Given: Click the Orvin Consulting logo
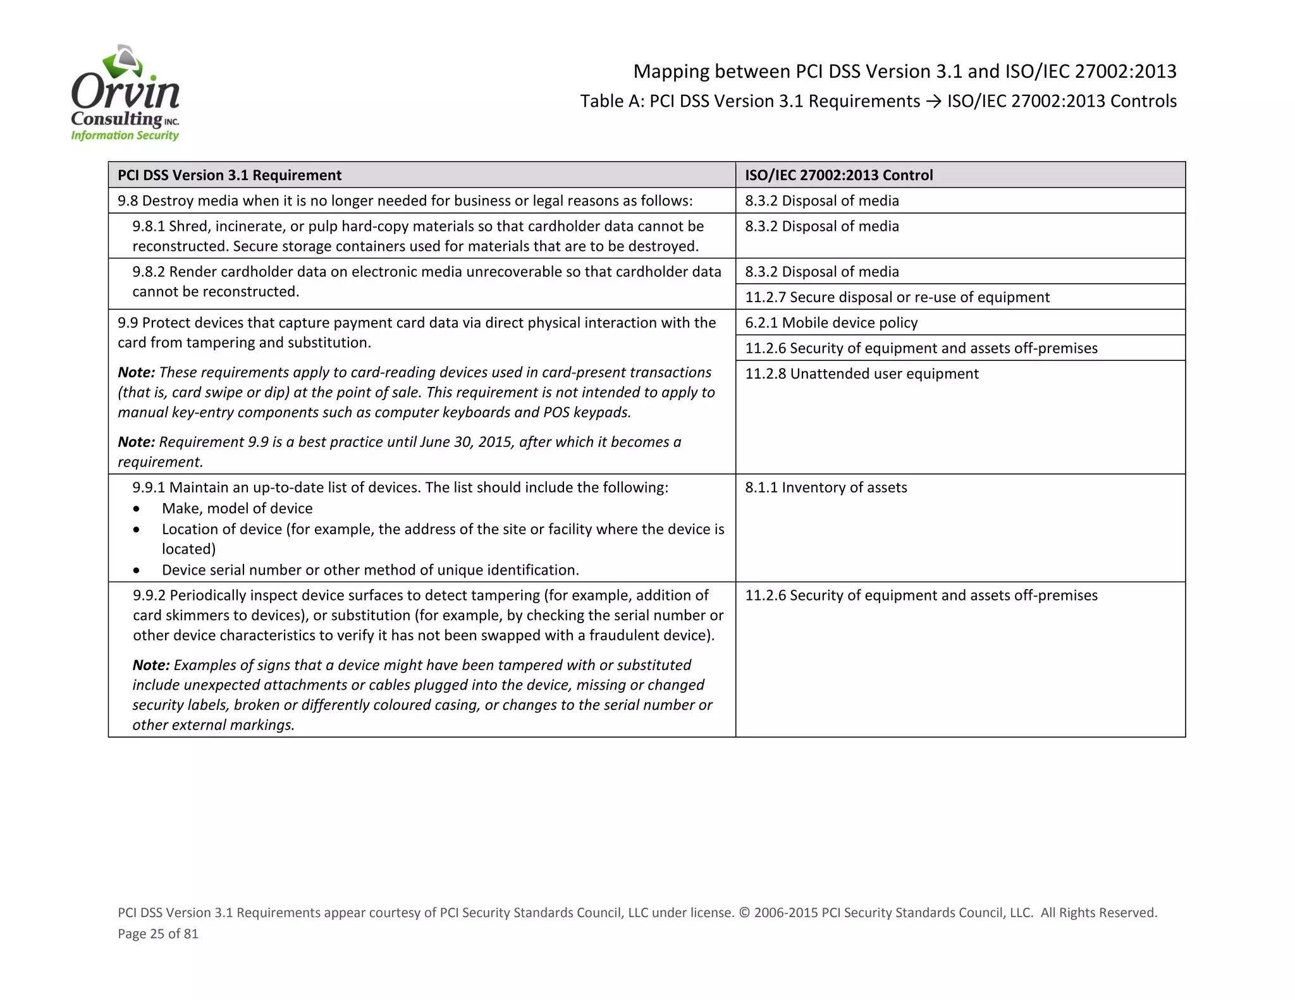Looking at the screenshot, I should (125, 93).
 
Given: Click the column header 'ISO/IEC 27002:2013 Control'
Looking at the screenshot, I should (838, 175).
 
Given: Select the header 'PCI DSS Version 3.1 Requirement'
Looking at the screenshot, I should (230, 175).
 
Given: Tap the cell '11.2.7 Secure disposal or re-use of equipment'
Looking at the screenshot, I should (897, 297).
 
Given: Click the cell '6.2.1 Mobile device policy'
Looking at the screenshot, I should (831, 323).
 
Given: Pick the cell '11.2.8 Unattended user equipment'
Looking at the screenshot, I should (861, 374).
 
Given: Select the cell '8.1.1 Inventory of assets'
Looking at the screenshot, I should (826, 487).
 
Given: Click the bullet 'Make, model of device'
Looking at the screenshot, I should (237, 508).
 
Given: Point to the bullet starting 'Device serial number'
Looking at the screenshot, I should (370, 570).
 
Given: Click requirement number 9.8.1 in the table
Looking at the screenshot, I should (149, 226).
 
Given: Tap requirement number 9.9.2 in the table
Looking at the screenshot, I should (149, 595).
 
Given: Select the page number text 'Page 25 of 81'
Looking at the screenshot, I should (158, 934).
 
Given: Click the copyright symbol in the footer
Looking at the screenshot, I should (744, 913).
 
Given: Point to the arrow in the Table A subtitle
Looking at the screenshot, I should (933, 101).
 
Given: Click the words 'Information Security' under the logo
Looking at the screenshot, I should (125, 135).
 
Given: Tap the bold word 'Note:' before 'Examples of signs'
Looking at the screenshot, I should (151, 665).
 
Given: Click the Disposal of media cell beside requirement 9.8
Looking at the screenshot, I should (821, 201).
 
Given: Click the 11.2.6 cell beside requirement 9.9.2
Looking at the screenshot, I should (921, 595).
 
